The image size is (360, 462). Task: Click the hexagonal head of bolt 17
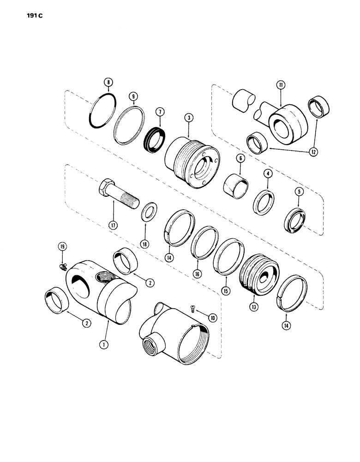pyautogui.click(x=105, y=187)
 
